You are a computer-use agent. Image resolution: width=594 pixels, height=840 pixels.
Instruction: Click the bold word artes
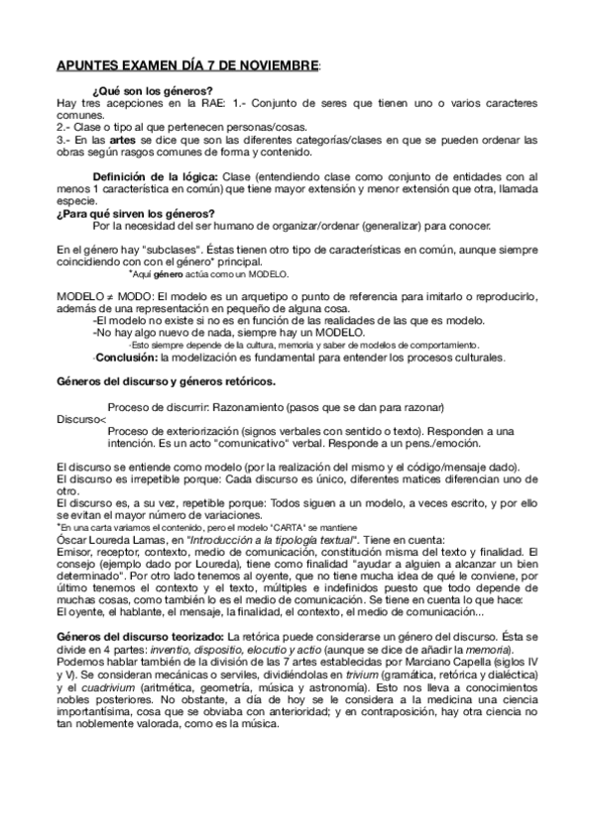pyautogui.click(x=122, y=140)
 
